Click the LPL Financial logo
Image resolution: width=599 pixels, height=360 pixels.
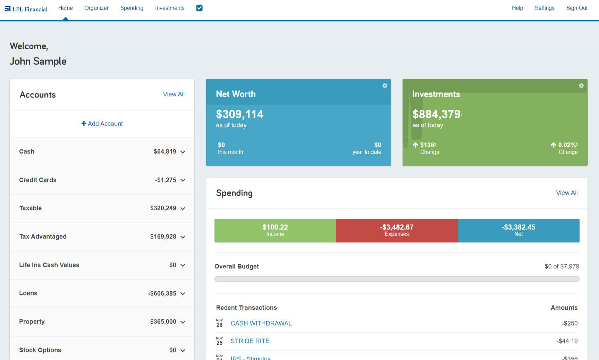point(26,9)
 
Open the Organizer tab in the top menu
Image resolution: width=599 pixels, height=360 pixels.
point(96,8)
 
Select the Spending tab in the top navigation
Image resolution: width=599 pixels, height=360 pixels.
point(132,8)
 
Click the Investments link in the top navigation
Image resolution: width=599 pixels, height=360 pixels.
point(170,8)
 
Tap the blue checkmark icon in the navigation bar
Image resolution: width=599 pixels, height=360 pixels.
point(199,8)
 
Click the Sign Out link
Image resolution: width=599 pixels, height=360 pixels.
point(576,8)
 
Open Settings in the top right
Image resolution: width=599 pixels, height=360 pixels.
point(544,8)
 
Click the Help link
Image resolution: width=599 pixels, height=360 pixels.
point(517,8)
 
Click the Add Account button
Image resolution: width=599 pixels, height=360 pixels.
point(102,124)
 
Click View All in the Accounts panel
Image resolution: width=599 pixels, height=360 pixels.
point(174,94)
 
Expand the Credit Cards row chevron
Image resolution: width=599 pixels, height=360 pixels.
point(183,180)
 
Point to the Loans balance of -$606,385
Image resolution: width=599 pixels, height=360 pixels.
point(162,293)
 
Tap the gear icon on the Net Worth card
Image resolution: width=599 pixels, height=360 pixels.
point(385,86)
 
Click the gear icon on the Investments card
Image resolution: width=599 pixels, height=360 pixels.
point(581,86)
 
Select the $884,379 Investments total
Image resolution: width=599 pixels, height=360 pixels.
point(436,114)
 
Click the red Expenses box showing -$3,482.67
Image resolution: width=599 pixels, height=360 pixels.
point(397,231)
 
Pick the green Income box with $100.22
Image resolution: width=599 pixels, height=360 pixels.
point(275,231)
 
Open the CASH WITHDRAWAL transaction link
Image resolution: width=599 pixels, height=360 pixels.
point(261,323)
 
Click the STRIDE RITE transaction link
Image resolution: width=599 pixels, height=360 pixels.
point(250,341)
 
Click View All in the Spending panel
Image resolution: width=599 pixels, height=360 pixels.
point(566,193)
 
